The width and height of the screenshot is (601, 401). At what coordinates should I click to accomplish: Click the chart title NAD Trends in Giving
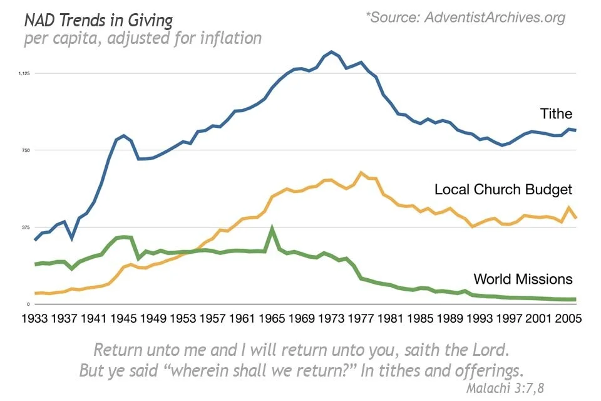click(x=98, y=21)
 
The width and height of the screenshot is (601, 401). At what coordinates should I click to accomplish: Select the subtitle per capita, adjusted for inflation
click(x=143, y=38)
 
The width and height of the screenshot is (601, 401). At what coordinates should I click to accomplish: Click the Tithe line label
click(x=556, y=113)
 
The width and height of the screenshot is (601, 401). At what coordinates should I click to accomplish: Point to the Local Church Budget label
click(x=503, y=189)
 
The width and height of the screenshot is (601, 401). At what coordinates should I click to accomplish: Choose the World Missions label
click(x=523, y=279)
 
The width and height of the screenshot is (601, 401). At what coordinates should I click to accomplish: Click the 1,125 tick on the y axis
click(x=24, y=73)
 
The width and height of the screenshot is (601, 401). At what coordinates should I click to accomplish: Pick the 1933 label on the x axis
click(x=35, y=318)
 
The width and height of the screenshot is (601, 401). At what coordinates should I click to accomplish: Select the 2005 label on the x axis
click(x=568, y=318)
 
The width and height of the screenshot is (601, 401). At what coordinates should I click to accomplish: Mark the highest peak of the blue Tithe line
click(x=331, y=51)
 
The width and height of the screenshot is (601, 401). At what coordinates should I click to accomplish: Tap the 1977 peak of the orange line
click(x=361, y=172)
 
